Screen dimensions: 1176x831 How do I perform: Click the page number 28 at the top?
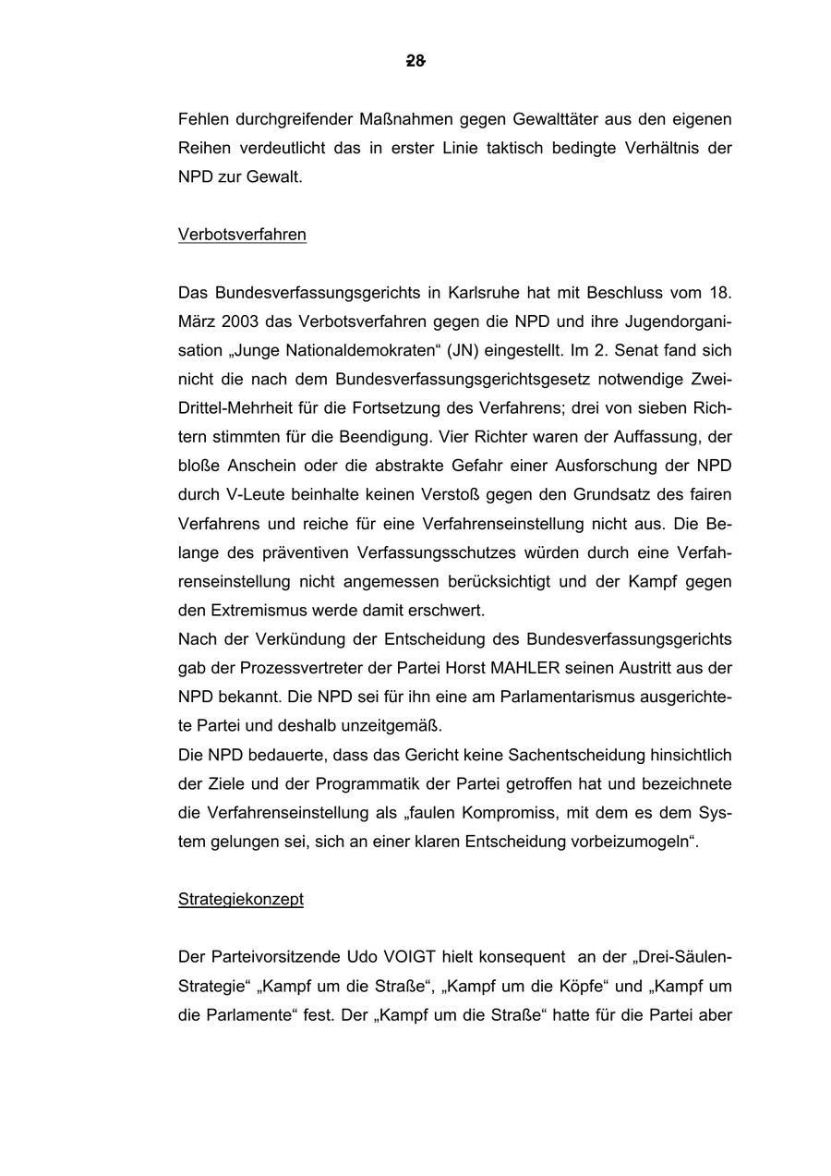click(415, 61)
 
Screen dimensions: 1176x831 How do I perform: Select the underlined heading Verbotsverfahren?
click(242, 235)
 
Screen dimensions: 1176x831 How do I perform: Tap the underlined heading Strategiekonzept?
click(241, 899)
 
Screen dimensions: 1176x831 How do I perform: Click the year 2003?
click(242, 322)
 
